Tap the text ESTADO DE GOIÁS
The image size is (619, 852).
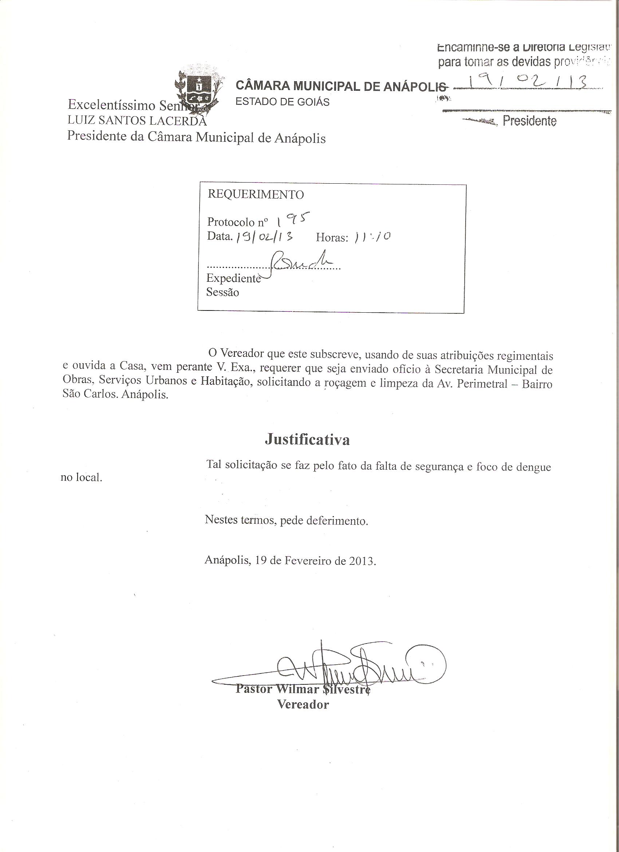(282, 102)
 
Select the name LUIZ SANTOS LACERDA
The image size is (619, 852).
(137, 121)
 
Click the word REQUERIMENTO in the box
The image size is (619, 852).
(256, 194)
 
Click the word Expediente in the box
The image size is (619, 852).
(233, 278)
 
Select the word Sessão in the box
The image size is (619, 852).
(222, 292)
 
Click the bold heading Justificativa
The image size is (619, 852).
(307, 439)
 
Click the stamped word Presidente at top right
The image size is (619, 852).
(529, 121)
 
